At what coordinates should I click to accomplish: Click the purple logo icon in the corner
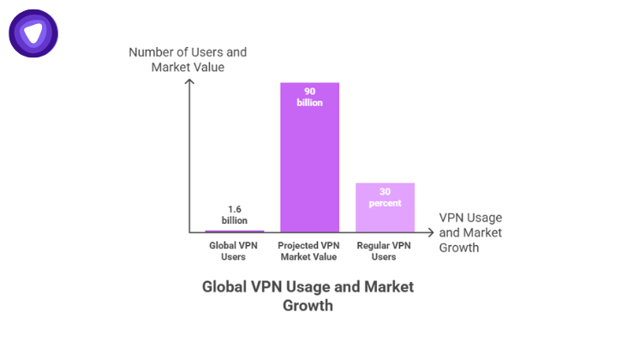(33, 33)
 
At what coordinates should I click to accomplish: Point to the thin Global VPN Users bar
(235, 231)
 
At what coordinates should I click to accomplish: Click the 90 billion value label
(309, 96)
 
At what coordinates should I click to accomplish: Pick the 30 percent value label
(385, 197)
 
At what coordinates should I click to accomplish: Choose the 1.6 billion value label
(235, 213)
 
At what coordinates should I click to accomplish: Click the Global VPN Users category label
(235, 251)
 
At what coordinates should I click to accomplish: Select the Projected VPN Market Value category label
(309, 251)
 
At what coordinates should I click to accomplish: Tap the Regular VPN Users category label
(385, 251)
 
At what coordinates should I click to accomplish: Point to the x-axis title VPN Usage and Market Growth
(470, 232)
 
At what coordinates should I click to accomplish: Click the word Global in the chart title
(225, 286)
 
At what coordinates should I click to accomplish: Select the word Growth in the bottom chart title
(308, 305)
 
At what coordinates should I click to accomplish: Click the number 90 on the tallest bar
(309, 90)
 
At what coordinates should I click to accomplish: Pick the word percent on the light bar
(385, 203)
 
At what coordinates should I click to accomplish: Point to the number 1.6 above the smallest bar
(235, 208)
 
